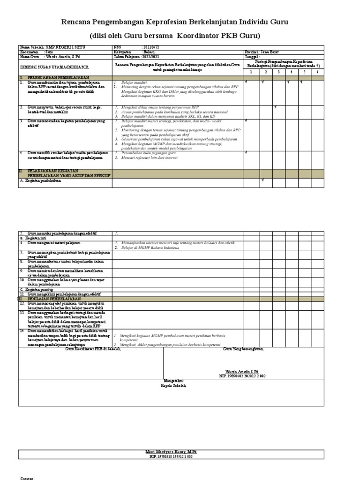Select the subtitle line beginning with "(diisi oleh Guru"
(181, 36)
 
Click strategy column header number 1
(250, 72)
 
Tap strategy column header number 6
(318, 72)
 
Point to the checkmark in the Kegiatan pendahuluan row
(263, 180)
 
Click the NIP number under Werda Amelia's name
(242, 376)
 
